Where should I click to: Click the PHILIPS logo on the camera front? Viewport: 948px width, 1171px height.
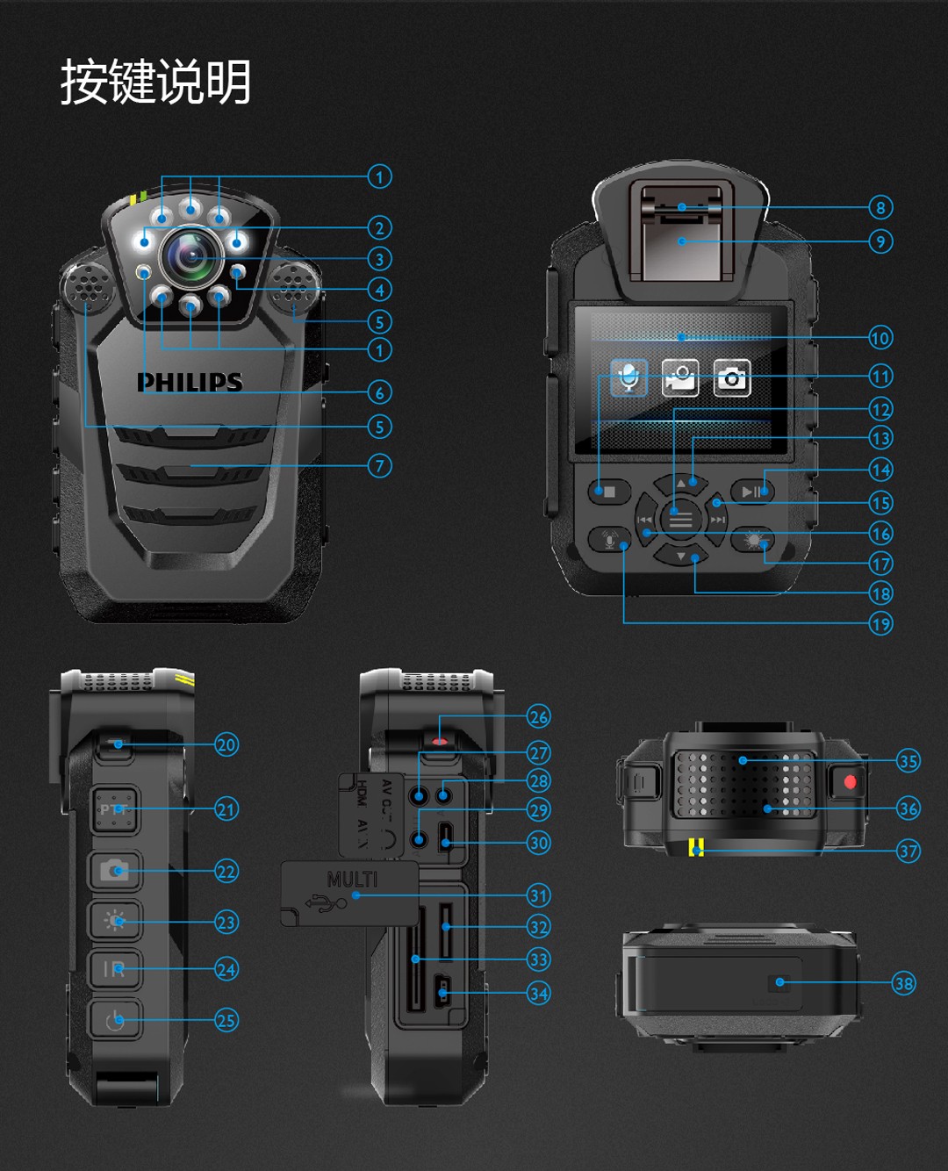coord(190,382)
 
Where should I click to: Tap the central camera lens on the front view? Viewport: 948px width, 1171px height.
coord(190,255)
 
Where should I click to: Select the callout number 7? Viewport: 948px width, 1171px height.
coord(379,466)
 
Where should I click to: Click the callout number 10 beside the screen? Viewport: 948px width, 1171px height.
coord(880,338)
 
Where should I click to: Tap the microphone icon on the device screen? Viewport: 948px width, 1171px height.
coord(628,377)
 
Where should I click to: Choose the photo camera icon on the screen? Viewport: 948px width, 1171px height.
coord(731,377)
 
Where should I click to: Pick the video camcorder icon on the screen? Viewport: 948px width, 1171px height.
coord(680,377)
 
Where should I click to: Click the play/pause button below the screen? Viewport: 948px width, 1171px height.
coord(753,492)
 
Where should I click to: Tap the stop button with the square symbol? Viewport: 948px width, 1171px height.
coord(609,492)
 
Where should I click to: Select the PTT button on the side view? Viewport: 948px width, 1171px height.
coord(115,809)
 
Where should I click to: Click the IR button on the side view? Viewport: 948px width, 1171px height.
coord(115,969)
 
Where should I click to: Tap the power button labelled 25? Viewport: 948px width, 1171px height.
coord(115,1020)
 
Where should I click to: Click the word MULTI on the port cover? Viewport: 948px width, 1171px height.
coord(352,879)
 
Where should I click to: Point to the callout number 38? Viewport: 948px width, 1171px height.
coord(903,983)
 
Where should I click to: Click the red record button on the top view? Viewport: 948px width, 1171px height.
coord(849,781)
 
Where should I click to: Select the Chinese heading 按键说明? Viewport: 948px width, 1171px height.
coord(155,83)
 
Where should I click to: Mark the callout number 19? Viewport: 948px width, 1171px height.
coord(880,624)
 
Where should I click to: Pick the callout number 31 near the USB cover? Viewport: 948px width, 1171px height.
coord(538,896)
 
